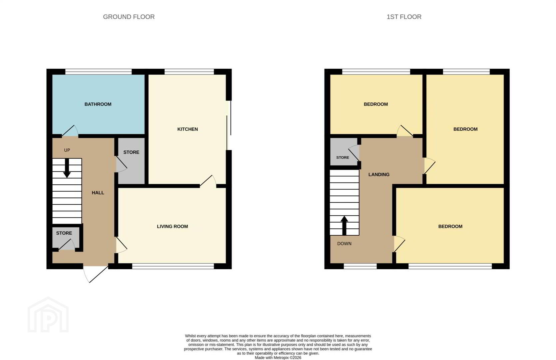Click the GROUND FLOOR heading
coord(129,17)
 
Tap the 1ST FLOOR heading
coord(404,17)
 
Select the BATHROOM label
coord(98,104)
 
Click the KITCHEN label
coord(188,129)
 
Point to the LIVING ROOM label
coord(172,226)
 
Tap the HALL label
coord(98,193)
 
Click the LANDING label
coord(379,174)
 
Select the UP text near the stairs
coord(67,150)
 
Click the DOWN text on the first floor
coord(344,243)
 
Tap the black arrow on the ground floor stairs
coord(67,168)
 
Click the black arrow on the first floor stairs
coord(344,226)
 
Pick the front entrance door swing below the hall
coord(96,274)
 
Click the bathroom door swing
coord(70,131)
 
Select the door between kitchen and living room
coord(208,181)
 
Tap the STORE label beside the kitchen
coord(131,152)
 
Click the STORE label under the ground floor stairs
coord(64,233)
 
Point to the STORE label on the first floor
coord(342,158)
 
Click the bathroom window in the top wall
coord(98,72)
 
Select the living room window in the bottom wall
coord(173,266)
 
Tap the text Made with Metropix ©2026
coord(278,358)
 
